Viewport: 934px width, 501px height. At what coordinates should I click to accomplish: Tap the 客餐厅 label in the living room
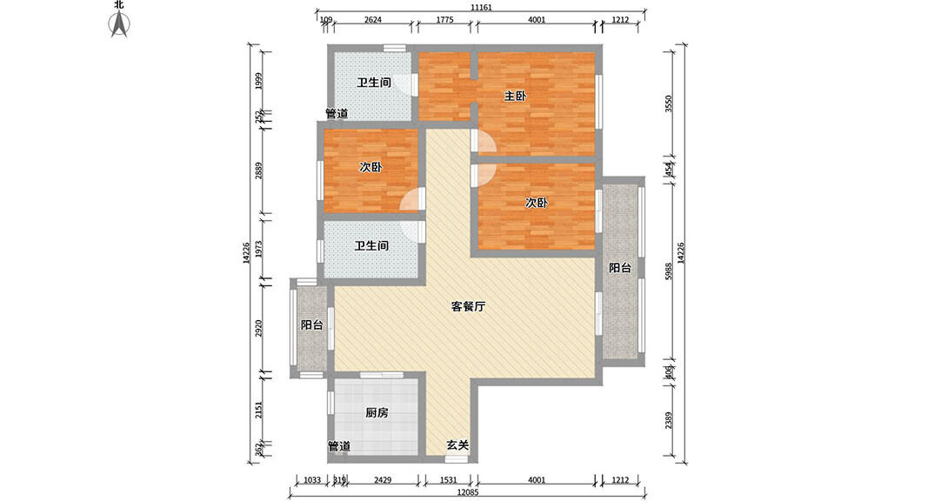coord(468,306)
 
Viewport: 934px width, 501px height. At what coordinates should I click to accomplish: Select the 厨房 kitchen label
coord(376,413)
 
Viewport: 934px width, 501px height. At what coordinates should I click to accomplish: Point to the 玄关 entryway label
coord(457,445)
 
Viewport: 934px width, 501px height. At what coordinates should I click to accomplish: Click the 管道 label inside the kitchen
coord(338,446)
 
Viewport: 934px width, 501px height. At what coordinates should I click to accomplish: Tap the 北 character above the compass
coord(119,4)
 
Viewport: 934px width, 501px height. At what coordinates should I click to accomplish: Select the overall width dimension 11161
coord(482,8)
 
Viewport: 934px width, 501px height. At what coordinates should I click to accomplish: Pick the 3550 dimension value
coord(668,104)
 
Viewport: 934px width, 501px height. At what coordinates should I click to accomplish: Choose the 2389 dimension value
coord(668,420)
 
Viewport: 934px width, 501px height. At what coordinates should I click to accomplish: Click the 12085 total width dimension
coord(469,494)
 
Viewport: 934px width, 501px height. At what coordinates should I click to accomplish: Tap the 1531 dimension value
coord(448,480)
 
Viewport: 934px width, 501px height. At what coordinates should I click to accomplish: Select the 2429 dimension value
coord(383,480)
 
